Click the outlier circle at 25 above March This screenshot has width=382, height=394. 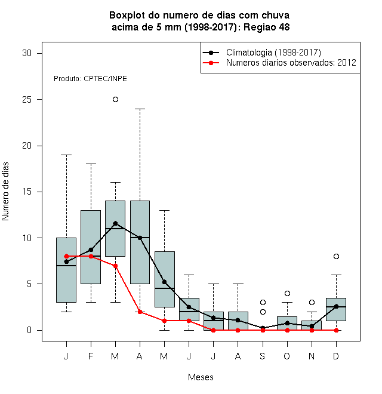(x=115, y=100)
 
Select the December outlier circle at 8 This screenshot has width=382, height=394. (x=336, y=256)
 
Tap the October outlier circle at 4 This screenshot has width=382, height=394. (x=287, y=293)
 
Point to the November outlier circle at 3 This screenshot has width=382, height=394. (x=312, y=302)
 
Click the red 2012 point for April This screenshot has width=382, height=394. (x=140, y=312)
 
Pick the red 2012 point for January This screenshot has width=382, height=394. (x=66, y=256)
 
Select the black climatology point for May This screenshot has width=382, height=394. (x=164, y=282)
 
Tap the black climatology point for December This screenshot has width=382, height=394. (x=336, y=306)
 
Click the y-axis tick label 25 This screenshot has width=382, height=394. (x=27, y=100)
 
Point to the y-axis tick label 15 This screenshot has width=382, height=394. (x=27, y=192)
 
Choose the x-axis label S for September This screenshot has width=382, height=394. (x=263, y=356)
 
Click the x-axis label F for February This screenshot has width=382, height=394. (x=91, y=356)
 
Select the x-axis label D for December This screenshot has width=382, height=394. (x=336, y=356)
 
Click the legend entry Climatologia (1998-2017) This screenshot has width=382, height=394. (x=273, y=53)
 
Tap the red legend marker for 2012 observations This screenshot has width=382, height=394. (x=211, y=63)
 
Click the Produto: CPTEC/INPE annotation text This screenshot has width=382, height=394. (x=90, y=79)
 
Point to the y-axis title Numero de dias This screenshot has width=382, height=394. (x=5, y=192)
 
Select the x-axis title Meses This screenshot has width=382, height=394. (x=201, y=377)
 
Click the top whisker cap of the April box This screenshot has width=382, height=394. (x=140, y=109)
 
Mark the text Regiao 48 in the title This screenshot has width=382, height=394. (x=267, y=27)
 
